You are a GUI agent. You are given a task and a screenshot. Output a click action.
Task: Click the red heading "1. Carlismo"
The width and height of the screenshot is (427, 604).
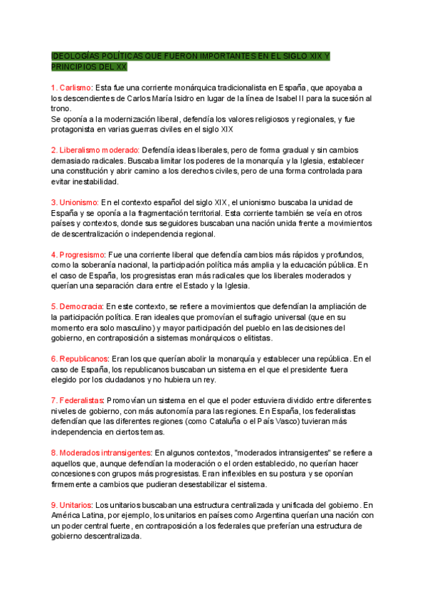[72, 87]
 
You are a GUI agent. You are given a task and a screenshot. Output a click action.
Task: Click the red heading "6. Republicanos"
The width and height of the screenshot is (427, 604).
[79, 358]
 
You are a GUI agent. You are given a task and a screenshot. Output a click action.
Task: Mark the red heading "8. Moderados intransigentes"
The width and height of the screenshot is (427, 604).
[102, 452]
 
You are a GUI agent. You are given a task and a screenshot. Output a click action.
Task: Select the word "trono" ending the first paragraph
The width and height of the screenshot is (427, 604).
[61, 108]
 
